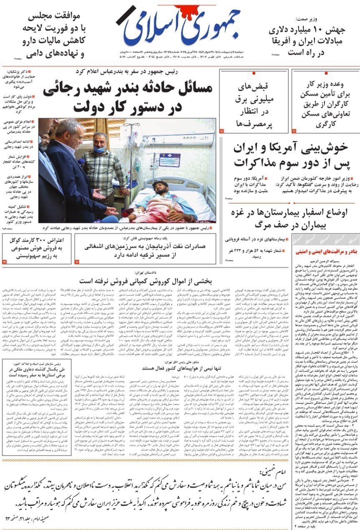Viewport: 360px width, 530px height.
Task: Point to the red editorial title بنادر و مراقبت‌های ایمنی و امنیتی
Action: (x=325, y=252)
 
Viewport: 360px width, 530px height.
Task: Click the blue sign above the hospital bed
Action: (x=169, y=158)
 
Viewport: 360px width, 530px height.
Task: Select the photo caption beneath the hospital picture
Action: (x=128, y=228)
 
